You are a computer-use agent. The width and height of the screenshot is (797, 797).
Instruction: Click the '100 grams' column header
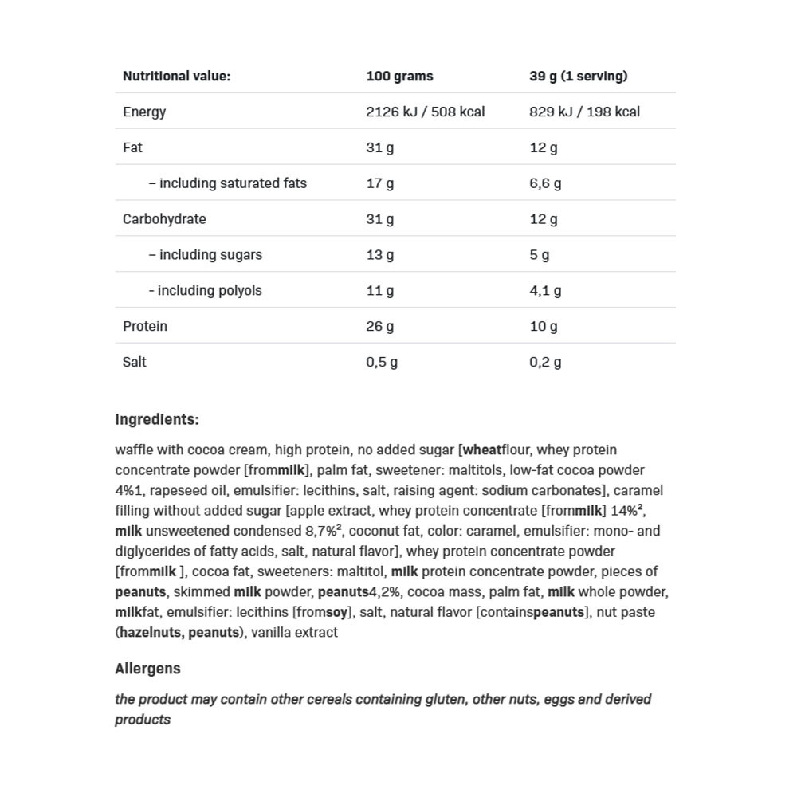pyautogui.click(x=399, y=77)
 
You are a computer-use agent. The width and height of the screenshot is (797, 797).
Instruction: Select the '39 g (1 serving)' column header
pyautogui.click(x=578, y=77)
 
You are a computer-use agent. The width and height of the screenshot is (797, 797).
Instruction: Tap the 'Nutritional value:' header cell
pyautogui.click(x=176, y=77)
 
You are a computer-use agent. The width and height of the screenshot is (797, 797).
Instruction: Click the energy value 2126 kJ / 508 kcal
pyautogui.click(x=425, y=112)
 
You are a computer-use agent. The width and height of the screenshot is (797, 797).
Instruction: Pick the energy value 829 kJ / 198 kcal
pyautogui.click(x=584, y=112)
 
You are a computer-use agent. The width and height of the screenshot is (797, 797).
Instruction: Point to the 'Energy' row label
pyautogui.click(x=144, y=112)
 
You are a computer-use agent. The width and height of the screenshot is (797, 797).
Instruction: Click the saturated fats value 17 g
pyautogui.click(x=379, y=183)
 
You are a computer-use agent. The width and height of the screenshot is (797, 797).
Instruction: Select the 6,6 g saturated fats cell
pyautogui.click(x=545, y=183)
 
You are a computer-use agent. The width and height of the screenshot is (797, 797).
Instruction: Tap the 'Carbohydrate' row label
pyautogui.click(x=164, y=219)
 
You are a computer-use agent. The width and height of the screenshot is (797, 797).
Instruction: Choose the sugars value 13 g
pyautogui.click(x=379, y=255)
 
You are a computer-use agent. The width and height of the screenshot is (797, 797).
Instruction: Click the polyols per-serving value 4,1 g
pyautogui.click(x=545, y=291)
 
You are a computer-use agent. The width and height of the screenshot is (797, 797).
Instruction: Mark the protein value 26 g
pyautogui.click(x=379, y=327)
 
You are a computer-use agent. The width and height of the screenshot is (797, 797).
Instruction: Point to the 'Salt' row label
pyautogui.click(x=135, y=362)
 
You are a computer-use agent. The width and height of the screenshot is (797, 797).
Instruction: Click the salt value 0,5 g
pyautogui.click(x=382, y=362)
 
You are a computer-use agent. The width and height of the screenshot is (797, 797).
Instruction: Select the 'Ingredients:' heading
pyautogui.click(x=157, y=420)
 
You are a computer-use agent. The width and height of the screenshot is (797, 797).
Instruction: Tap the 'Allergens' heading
pyautogui.click(x=147, y=669)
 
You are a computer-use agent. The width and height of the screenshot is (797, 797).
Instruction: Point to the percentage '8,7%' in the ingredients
pyautogui.click(x=322, y=532)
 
